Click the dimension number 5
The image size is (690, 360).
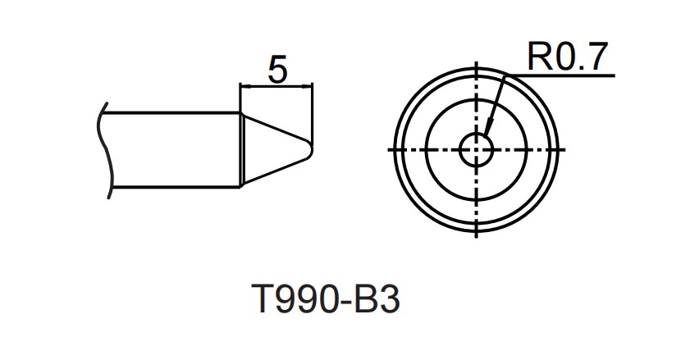coord(277,71)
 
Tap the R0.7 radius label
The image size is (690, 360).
coord(567,57)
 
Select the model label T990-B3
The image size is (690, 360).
coord(326,300)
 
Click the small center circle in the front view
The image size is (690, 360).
coord(477,149)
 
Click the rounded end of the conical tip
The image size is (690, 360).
coord(310,149)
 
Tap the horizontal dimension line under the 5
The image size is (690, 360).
coord(276,86)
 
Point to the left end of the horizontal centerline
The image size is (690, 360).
coord(388,150)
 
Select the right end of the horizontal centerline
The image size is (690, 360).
coord(566,150)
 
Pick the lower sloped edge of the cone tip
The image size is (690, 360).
coord(276,170)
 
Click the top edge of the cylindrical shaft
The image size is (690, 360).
coord(172,113)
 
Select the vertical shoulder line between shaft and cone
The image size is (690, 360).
coord(240,150)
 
